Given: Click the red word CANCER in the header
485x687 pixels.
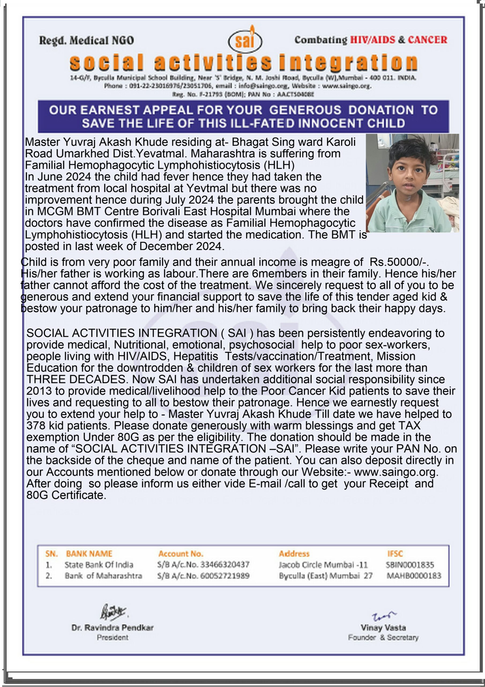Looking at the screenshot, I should [x=427, y=40].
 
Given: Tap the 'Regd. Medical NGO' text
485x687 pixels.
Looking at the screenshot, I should [x=86, y=41].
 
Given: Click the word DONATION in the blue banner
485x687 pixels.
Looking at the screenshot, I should [x=381, y=110].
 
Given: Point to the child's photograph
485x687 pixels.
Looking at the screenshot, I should [x=412, y=183].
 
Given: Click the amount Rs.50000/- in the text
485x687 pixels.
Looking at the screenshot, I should [x=399, y=262].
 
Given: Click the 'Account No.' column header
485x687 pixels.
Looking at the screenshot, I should [x=181, y=554].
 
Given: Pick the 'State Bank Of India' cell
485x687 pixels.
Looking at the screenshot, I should [x=99, y=565].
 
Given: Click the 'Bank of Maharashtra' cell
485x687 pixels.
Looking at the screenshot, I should [x=103, y=576].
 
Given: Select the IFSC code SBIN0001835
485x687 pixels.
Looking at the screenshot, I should [x=410, y=565].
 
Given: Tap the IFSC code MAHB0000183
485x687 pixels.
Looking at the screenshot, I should [x=413, y=576].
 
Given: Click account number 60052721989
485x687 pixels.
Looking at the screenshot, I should [x=225, y=576].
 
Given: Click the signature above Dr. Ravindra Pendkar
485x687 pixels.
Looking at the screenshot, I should [x=113, y=612].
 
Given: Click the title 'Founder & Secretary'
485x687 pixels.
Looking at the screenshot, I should [x=383, y=638].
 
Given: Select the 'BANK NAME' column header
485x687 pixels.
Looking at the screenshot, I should [x=89, y=554].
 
